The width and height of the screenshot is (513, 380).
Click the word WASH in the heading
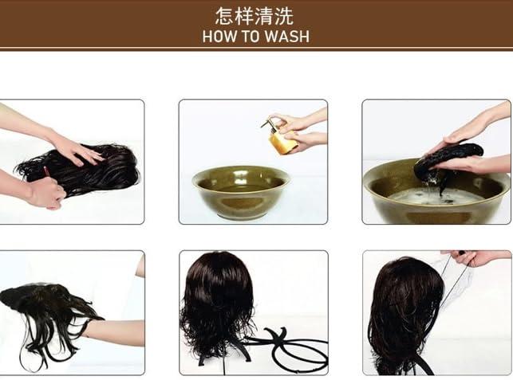[x=288, y=37]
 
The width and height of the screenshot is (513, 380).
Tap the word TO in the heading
[x=247, y=37]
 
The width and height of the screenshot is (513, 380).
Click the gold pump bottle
[x=282, y=142]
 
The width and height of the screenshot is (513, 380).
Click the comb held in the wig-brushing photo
[x=47, y=171]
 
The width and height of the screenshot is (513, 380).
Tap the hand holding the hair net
[x=479, y=257]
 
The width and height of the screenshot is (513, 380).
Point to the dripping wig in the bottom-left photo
[x=48, y=315]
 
